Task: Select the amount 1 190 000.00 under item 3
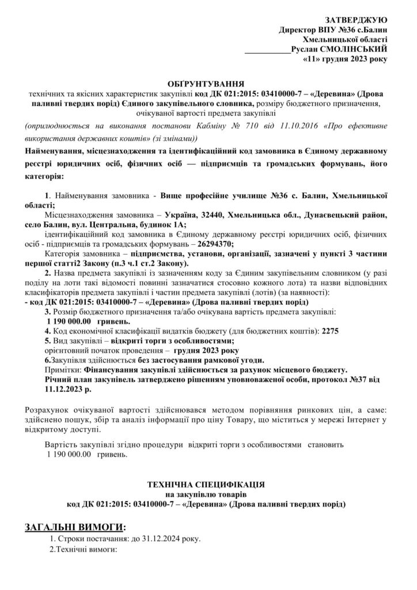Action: [x=69, y=322]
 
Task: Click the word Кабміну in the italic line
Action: [x=178, y=126]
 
